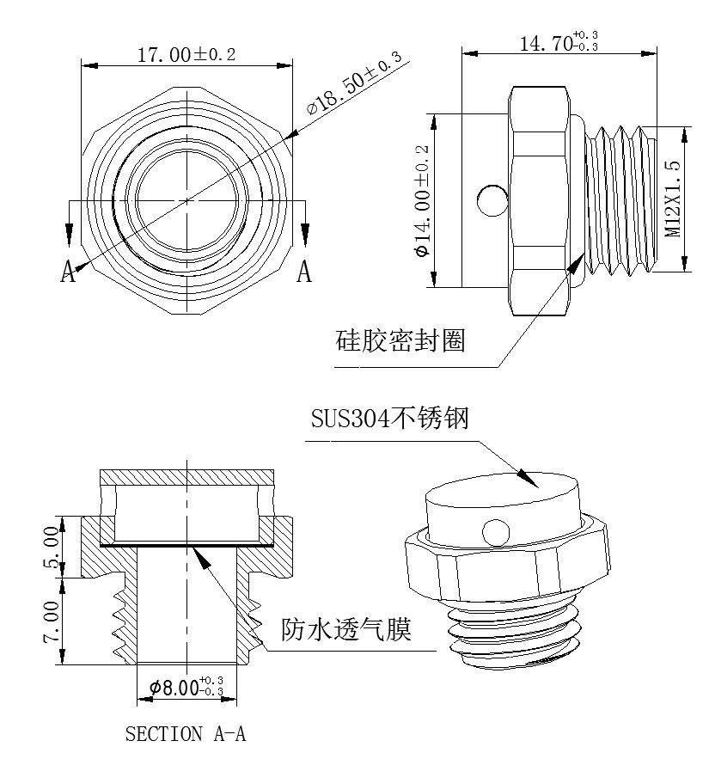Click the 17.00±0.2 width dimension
tap(186, 55)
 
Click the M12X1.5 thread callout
tap(673, 199)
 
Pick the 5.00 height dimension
tap(52, 548)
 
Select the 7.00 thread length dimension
tap(52, 621)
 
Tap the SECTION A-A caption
tap(186, 734)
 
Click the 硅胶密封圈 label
tap(400, 341)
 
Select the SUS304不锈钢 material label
tap(389, 419)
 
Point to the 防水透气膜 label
tap(346, 630)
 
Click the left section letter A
tap(69, 272)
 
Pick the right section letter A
tap(303, 272)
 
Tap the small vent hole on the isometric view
tap(494, 531)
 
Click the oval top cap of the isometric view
tap(503, 495)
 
